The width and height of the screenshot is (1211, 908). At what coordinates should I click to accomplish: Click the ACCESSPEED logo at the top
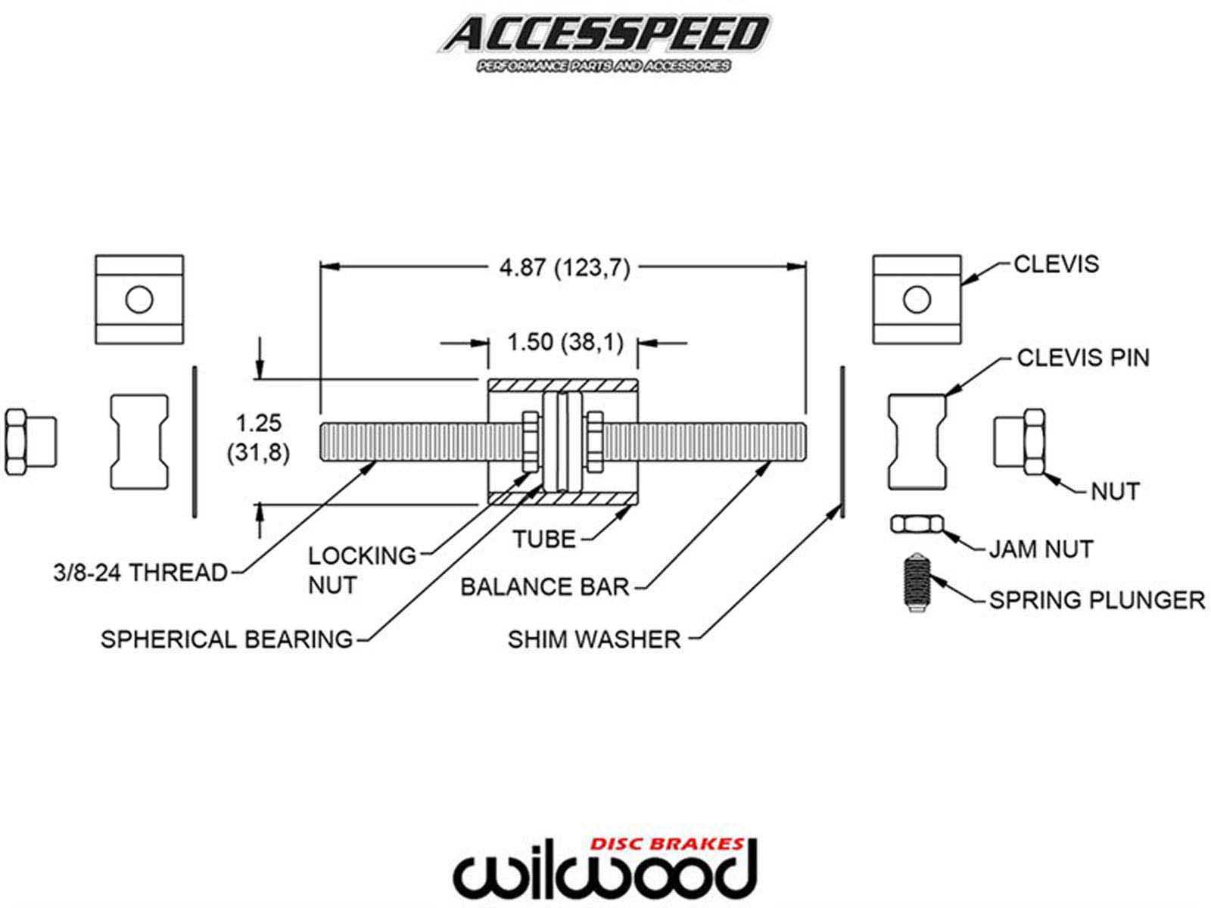(603, 38)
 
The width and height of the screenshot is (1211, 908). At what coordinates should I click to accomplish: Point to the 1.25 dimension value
(258, 422)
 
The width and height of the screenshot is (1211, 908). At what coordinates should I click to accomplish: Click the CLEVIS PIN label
(1082, 358)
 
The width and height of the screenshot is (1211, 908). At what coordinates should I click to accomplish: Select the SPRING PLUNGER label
(1097, 600)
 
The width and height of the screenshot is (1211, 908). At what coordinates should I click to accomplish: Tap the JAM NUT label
(1041, 549)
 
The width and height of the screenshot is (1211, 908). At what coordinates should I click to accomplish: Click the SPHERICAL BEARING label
(227, 639)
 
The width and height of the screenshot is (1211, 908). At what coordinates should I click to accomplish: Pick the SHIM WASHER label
(594, 639)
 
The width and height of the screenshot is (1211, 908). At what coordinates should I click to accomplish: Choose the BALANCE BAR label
(545, 587)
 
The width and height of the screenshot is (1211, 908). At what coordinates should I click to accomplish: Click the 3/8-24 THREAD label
(141, 573)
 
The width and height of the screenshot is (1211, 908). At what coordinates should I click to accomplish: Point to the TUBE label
(544, 540)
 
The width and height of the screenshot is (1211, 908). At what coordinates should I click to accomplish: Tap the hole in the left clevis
(139, 300)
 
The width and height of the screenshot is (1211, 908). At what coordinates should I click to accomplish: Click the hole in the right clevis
(917, 300)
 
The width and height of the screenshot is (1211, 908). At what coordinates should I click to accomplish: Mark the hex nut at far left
(29, 442)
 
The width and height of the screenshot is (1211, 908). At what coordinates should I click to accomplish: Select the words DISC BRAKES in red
(665, 843)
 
